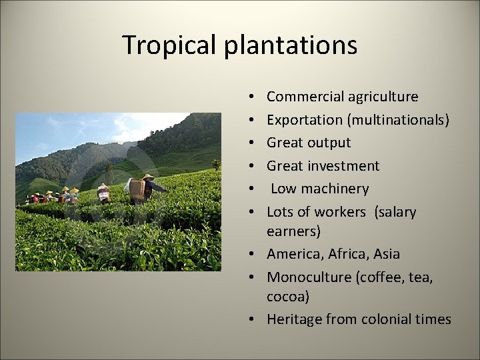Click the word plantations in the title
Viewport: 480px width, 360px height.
coord(291,45)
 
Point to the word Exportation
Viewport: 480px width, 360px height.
coord(303,120)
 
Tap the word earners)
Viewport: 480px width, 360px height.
coord(293,231)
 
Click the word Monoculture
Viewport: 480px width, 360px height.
coord(307,277)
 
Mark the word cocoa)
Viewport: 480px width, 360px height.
coord(288,297)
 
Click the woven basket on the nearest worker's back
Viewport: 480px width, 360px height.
coord(138,190)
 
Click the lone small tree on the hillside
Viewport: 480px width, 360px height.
coord(215,163)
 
